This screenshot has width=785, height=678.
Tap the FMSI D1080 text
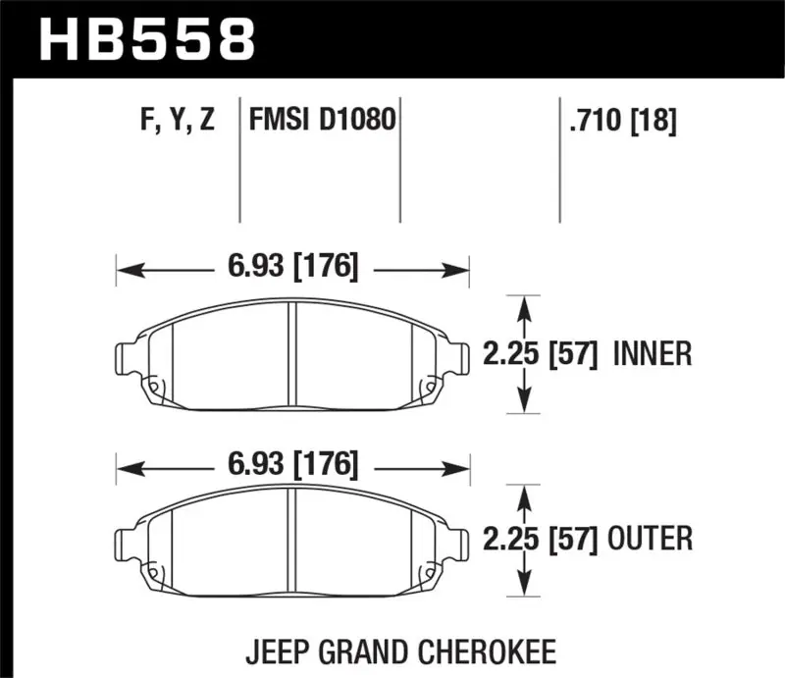pos(323,122)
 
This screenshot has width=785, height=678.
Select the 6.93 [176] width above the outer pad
pos(292,462)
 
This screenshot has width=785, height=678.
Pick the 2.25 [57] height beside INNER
pos(541,353)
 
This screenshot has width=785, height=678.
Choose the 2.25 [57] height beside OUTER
pos(541,538)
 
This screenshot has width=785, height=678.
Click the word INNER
pos(653,353)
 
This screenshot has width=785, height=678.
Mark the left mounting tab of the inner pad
pos(128,356)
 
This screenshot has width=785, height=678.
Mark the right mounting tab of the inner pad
pos(459,356)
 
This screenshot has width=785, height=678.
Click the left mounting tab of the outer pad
pos(128,543)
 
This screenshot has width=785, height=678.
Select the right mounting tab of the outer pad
pos(459,543)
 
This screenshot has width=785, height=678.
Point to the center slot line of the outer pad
pos(292,540)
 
